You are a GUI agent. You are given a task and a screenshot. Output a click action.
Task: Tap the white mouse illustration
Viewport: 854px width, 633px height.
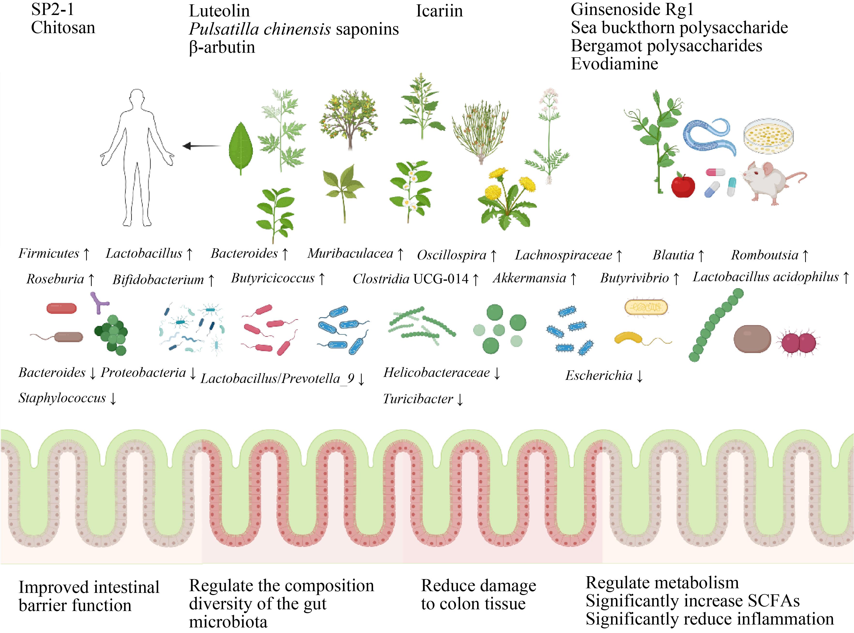click(771, 182)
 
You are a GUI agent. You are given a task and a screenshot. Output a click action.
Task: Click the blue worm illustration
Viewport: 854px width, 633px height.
click(709, 136)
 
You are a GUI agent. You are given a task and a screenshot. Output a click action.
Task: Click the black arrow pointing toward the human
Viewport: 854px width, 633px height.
click(202, 146)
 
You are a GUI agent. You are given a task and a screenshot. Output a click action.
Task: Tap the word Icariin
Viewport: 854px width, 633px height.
click(439, 11)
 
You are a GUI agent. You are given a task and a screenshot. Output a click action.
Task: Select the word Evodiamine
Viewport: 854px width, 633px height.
click(614, 64)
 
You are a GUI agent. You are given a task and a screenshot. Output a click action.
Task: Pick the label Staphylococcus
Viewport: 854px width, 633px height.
click(62, 398)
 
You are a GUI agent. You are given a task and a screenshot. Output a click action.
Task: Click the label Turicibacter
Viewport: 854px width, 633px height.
click(418, 399)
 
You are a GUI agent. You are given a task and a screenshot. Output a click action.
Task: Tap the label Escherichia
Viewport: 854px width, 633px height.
click(599, 375)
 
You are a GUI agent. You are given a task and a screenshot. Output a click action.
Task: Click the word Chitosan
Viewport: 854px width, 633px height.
click(63, 28)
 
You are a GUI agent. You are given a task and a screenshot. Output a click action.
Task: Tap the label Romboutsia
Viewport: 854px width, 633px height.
click(764, 255)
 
